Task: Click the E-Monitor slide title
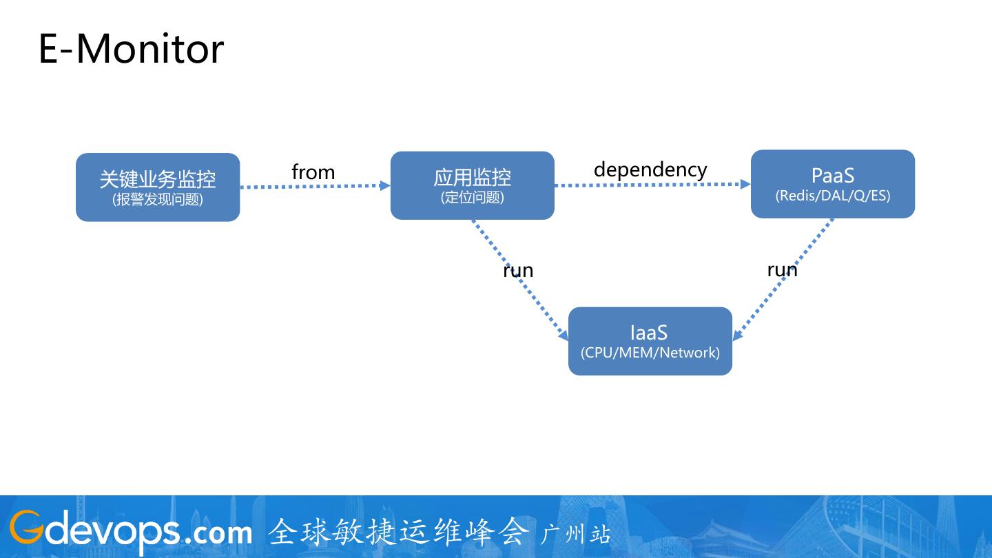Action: pyautogui.click(x=131, y=49)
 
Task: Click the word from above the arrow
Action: pyautogui.click(x=313, y=172)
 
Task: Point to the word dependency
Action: pyautogui.click(x=650, y=169)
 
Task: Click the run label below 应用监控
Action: pyautogui.click(x=518, y=270)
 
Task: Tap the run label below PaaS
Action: pyautogui.click(x=782, y=269)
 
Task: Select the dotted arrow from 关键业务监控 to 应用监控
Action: pyautogui.click(x=315, y=186)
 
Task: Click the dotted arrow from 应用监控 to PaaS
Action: pyautogui.click(x=652, y=185)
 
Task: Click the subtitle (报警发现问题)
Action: pyautogui.click(x=158, y=200)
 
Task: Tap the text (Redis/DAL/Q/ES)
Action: pyautogui.click(x=832, y=196)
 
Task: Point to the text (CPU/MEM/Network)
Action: pyautogui.click(x=650, y=353)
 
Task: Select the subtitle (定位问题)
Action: pyautogui.click(x=472, y=198)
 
